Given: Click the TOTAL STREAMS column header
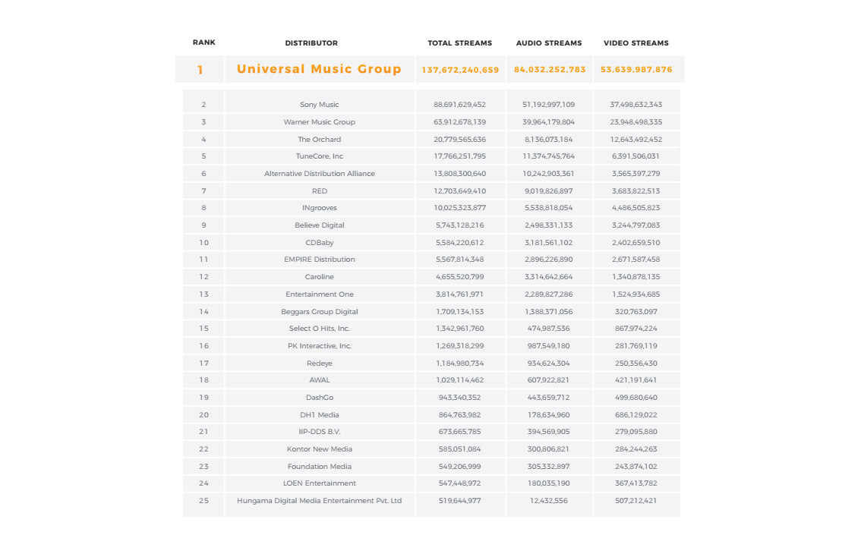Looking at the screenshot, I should (x=459, y=43).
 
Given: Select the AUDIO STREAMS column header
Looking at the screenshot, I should (x=549, y=43).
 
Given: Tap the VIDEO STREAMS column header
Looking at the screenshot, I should (x=636, y=43).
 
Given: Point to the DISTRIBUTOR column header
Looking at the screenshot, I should (x=311, y=43).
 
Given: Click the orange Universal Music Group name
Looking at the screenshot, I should (x=319, y=69).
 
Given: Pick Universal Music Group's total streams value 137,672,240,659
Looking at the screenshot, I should (x=460, y=70).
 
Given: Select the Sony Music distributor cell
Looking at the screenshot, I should (x=320, y=105).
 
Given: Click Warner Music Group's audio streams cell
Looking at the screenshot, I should (x=549, y=122).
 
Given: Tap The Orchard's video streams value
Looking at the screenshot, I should (x=636, y=140).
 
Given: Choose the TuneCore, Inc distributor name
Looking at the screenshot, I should (x=320, y=156).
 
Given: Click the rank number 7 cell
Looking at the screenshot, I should (x=203, y=191).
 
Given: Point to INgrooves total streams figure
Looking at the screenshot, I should (x=460, y=208).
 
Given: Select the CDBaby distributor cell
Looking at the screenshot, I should (x=320, y=243).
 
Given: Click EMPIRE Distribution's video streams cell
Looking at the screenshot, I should (x=636, y=260).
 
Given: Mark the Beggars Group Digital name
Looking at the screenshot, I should (x=320, y=312).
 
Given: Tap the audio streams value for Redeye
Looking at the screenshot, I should (x=549, y=363).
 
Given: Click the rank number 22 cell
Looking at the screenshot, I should (x=203, y=449).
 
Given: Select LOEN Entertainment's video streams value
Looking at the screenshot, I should (x=636, y=483).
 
